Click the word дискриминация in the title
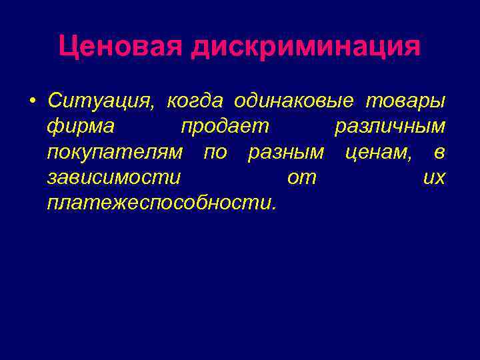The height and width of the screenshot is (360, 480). pos(306,47)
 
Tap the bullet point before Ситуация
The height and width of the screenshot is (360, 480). pos(32,101)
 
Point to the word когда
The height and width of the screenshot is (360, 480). pos(195,101)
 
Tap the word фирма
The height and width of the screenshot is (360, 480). pos(81,127)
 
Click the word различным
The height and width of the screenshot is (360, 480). pos(389,127)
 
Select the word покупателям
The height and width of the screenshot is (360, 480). pos(115,153)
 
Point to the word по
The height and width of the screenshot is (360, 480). pos(215,153)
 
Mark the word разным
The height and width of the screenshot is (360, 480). pos(286,153)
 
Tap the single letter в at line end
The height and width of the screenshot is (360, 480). pos(439,153)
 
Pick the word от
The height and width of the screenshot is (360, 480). pos(301,178)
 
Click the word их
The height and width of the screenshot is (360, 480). pos(434,178)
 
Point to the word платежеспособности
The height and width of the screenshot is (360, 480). pos(161,203)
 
